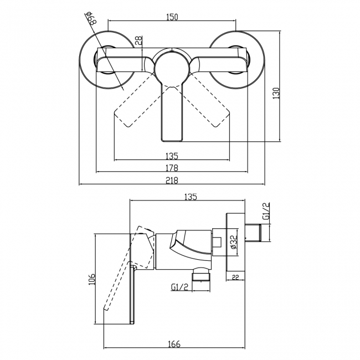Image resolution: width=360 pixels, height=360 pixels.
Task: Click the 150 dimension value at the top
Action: tap(172, 17)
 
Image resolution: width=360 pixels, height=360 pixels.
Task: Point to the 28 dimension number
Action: tap(138, 40)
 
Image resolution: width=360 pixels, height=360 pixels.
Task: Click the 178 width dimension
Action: tap(172, 168)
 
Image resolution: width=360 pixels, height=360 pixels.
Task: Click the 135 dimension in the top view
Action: tap(172, 156)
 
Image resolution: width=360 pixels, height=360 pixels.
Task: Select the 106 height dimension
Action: tap(92, 280)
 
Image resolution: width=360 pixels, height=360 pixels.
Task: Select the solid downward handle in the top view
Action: tap(172, 114)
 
